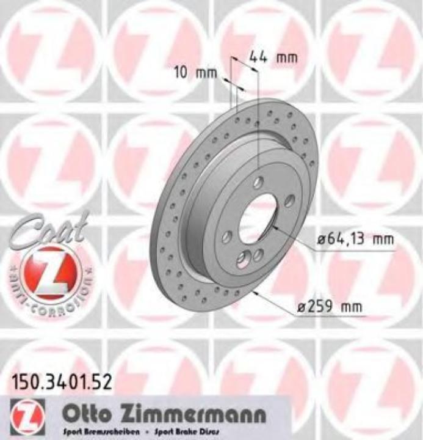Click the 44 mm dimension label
tap(273, 57)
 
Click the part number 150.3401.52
tap(60, 384)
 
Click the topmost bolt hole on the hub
tap(259, 181)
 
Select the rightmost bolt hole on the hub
tap(289, 199)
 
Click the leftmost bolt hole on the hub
tap(227, 235)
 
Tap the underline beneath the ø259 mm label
tap(342, 317)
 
